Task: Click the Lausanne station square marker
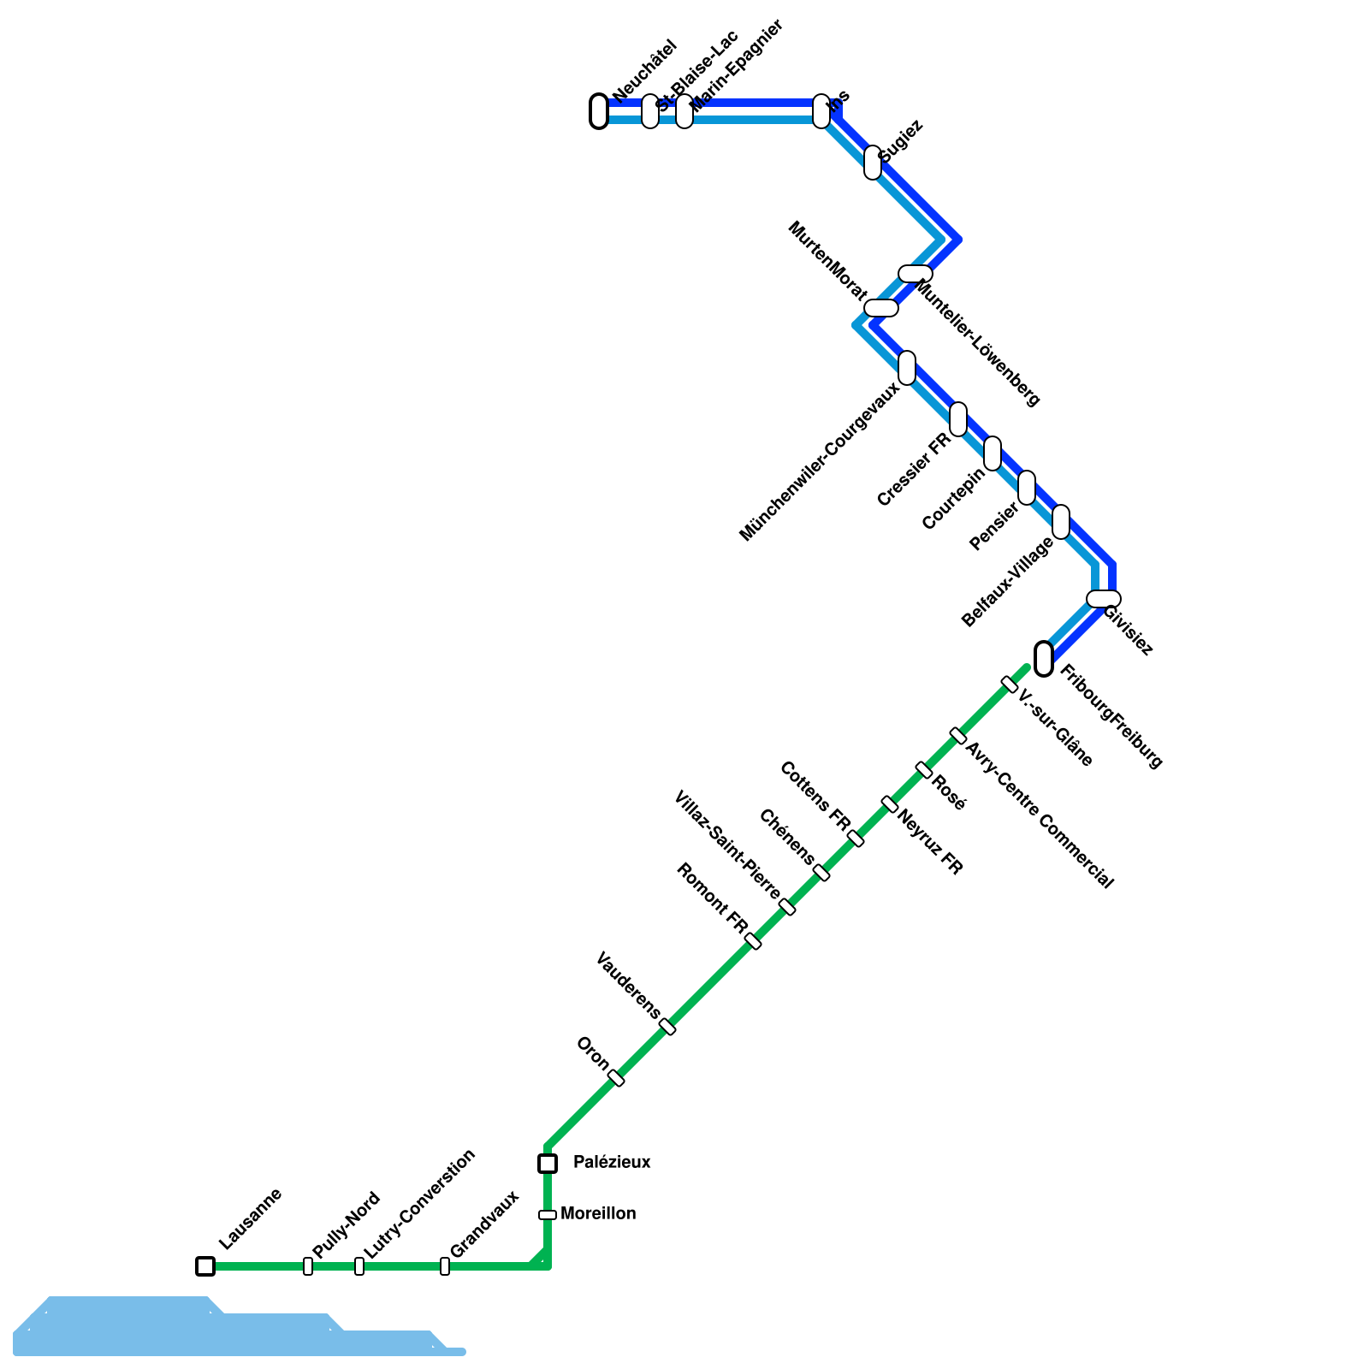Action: (x=205, y=1265)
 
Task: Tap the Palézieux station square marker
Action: (x=548, y=1163)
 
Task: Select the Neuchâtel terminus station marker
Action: (x=599, y=111)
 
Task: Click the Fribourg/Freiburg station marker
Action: (x=1044, y=658)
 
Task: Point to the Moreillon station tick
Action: (x=548, y=1214)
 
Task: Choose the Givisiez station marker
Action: (x=1104, y=598)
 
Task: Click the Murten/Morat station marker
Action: (x=881, y=308)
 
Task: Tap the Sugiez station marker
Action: (x=873, y=163)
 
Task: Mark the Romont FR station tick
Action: (x=753, y=941)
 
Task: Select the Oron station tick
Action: (x=616, y=1078)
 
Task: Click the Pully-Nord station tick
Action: (x=308, y=1265)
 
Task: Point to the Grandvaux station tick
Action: (x=445, y=1265)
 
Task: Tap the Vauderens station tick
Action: (x=667, y=1027)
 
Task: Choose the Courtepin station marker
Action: (x=993, y=453)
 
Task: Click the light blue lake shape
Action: (x=171, y=1326)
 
